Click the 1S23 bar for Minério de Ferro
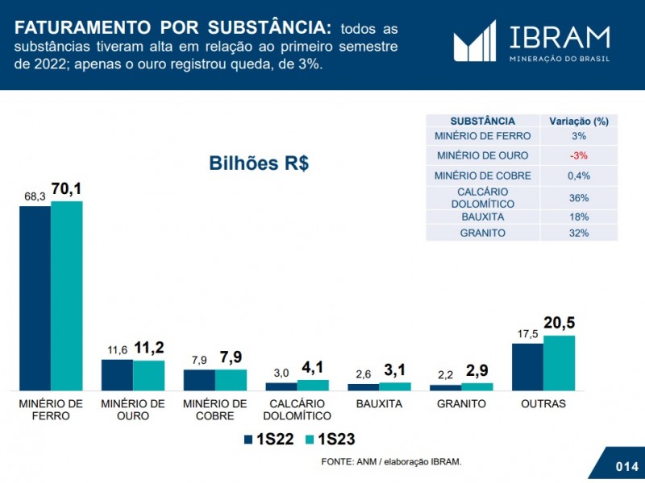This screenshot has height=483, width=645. [x=67, y=295]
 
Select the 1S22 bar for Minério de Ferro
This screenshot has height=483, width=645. [x=35, y=298]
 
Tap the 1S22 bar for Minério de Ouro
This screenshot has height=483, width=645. [x=117, y=374]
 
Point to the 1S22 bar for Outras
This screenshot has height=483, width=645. [x=528, y=367]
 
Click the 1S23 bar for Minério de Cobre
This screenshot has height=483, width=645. [x=231, y=380]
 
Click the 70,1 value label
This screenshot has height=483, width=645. [x=67, y=190]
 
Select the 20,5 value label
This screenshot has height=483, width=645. [x=559, y=324]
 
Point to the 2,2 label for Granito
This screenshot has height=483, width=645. [x=446, y=375]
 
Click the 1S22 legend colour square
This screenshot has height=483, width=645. [x=249, y=440]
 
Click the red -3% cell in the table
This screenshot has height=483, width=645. [x=578, y=155]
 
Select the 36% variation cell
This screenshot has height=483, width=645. [x=578, y=197]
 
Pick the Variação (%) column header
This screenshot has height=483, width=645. [x=578, y=121]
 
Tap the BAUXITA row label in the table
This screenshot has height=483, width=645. [x=481, y=217]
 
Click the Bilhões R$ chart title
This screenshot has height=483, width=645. [x=259, y=163]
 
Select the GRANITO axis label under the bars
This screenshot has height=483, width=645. [x=461, y=403]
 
